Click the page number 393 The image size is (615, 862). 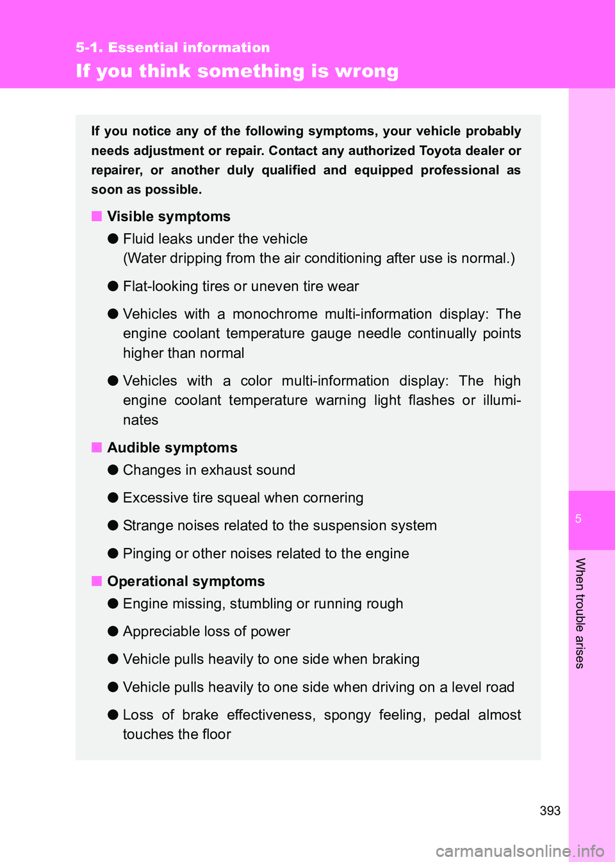click(x=550, y=811)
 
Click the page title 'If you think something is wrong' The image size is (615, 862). click(x=237, y=71)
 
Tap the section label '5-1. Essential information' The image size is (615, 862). click(x=172, y=47)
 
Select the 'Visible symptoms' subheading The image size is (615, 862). click(x=168, y=217)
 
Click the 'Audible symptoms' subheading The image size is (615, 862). click(x=172, y=448)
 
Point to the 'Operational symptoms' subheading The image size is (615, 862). click(x=186, y=581)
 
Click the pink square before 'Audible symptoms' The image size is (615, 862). click(x=97, y=447)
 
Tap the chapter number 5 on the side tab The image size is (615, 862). click(x=578, y=519)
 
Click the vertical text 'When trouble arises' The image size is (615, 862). click(x=580, y=613)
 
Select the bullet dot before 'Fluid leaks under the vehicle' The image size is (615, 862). click(x=113, y=238)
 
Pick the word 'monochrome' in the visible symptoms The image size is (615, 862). click(x=275, y=314)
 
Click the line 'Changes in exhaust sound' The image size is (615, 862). click(x=209, y=470)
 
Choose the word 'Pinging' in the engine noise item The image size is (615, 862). click(x=147, y=554)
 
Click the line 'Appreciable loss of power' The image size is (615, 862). click(x=206, y=632)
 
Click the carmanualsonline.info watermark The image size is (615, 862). click(x=520, y=851)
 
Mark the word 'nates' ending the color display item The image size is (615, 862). click(x=140, y=420)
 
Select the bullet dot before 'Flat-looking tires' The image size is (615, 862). click(x=113, y=286)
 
